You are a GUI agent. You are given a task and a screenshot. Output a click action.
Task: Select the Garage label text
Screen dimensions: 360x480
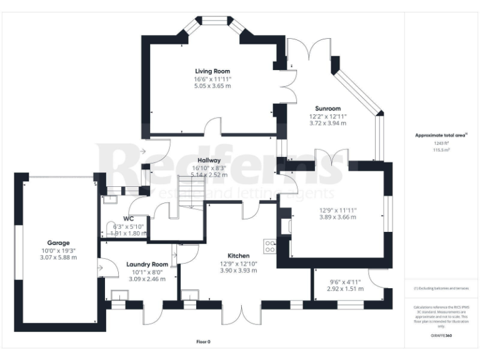[x=57, y=242]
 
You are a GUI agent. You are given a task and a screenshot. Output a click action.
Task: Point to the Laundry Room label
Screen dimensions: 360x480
[x=147, y=264]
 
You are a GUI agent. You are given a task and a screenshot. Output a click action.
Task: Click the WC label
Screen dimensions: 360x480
[x=130, y=218]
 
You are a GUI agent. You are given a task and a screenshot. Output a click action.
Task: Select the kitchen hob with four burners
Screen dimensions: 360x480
[x=271, y=246]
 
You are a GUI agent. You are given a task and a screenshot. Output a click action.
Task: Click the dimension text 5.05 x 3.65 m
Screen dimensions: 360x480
[x=212, y=86]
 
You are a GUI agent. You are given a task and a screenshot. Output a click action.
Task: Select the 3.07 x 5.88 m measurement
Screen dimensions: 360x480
[x=57, y=257]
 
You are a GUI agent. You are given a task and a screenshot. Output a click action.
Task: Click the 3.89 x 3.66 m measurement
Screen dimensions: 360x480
[x=337, y=217]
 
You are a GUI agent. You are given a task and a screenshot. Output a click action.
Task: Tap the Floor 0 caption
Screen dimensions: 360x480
[x=203, y=342]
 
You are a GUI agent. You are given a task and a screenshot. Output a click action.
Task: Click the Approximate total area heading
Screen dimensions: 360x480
[x=441, y=135]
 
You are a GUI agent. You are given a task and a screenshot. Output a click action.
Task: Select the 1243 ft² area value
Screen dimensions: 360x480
[x=441, y=142]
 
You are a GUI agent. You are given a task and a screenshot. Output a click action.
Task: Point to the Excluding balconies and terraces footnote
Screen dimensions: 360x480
[x=441, y=289]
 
